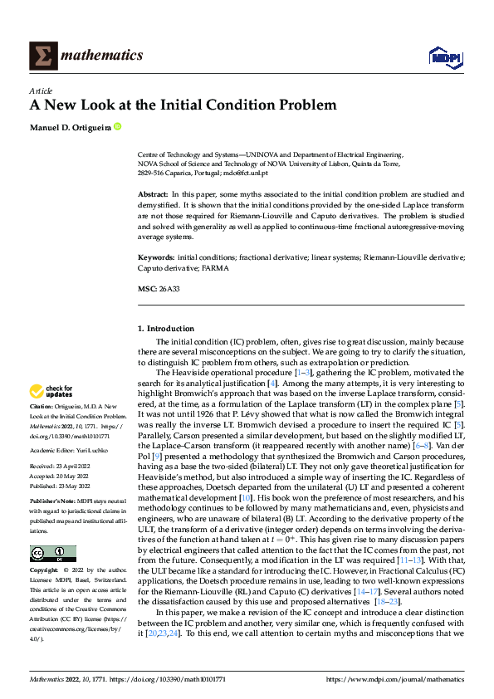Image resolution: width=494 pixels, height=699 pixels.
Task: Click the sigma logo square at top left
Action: [42, 56]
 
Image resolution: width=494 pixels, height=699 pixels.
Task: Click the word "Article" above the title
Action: [41, 91]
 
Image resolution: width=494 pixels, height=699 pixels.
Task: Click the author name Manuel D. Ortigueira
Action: [70, 127]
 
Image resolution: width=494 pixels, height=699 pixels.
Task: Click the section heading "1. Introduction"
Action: [166, 329]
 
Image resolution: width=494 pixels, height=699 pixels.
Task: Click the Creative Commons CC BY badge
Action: [52, 553]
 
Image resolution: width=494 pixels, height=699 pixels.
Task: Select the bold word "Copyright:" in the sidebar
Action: [45, 571]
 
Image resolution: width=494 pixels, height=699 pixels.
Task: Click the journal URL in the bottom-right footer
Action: [395, 679]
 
